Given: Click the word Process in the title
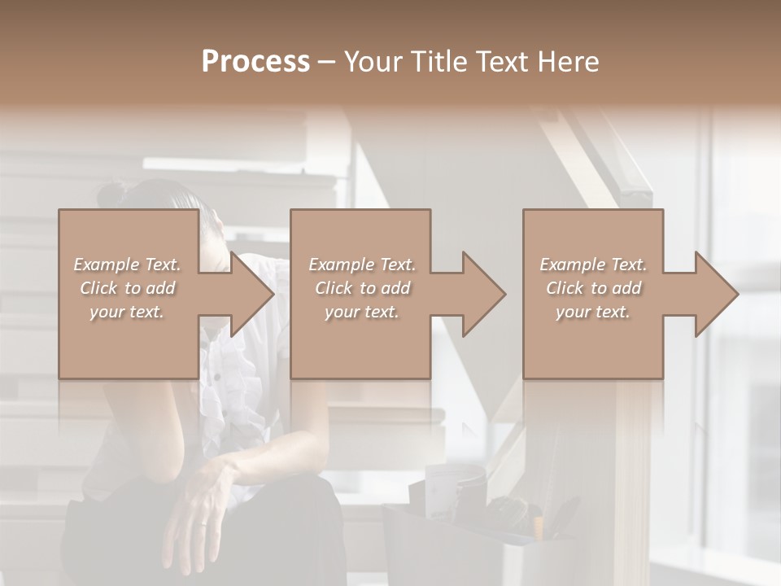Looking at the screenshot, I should (255, 62).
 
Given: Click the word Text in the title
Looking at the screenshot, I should (504, 62).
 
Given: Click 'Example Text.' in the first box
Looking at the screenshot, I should (128, 265).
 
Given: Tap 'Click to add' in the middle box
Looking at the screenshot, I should (362, 288).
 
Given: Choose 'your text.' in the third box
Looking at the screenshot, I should (593, 312).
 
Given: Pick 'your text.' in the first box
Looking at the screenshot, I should (128, 312).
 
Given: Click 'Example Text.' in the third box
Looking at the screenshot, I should (593, 265).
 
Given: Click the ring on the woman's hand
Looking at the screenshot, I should (203, 527).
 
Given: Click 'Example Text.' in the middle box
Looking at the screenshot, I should (362, 265).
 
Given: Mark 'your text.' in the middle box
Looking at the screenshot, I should (362, 312).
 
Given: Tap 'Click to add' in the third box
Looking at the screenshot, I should (593, 288).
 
